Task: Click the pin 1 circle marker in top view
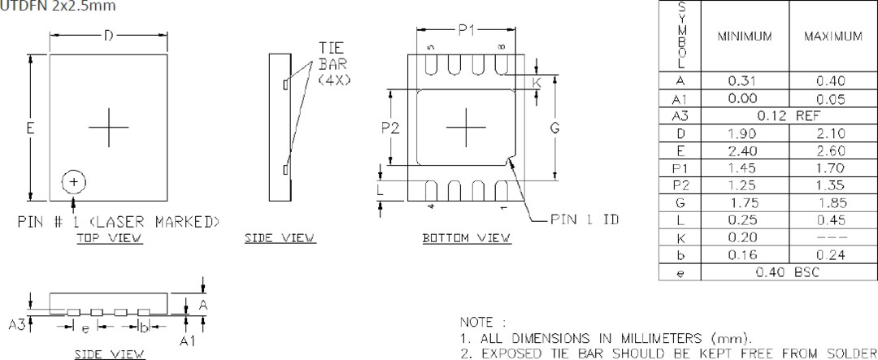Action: point(73,182)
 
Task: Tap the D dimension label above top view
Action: point(108,35)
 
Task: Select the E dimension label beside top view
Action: point(30,128)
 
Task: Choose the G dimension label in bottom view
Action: point(554,127)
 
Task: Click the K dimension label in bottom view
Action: point(537,83)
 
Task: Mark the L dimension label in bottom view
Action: point(380,189)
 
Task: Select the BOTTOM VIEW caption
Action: point(467,238)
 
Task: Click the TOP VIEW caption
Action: point(110,238)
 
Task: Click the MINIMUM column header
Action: point(745,37)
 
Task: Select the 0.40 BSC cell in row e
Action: point(788,272)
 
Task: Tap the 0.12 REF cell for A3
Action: point(788,116)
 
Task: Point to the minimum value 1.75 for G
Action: point(745,203)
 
